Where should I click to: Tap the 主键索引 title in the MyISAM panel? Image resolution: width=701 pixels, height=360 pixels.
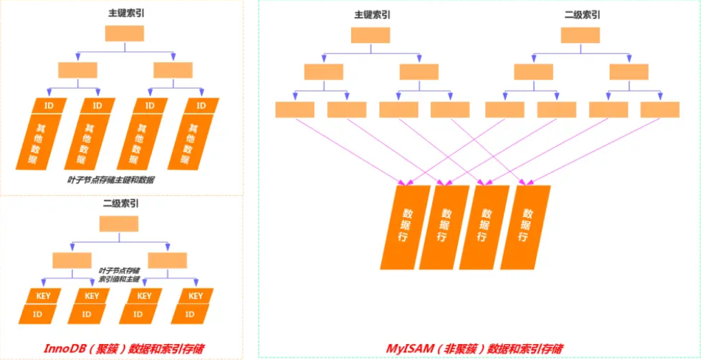(x=370, y=15)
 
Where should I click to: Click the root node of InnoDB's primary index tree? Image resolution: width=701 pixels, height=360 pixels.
(x=124, y=34)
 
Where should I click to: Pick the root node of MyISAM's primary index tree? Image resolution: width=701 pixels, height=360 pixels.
(x=370, y=35)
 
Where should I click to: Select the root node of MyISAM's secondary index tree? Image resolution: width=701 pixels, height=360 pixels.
(x=581, y=35)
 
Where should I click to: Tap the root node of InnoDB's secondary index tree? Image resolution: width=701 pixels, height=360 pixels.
(x=119, y=224)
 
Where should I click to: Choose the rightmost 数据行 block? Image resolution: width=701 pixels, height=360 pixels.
(x=525, y=227)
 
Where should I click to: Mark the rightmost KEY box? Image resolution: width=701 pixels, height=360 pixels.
(x=196, y=296)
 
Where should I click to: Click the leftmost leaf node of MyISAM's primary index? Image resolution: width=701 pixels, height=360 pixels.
(x=294, y=110)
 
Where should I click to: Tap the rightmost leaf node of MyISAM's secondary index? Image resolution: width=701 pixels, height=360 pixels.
(x=660, y=110)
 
